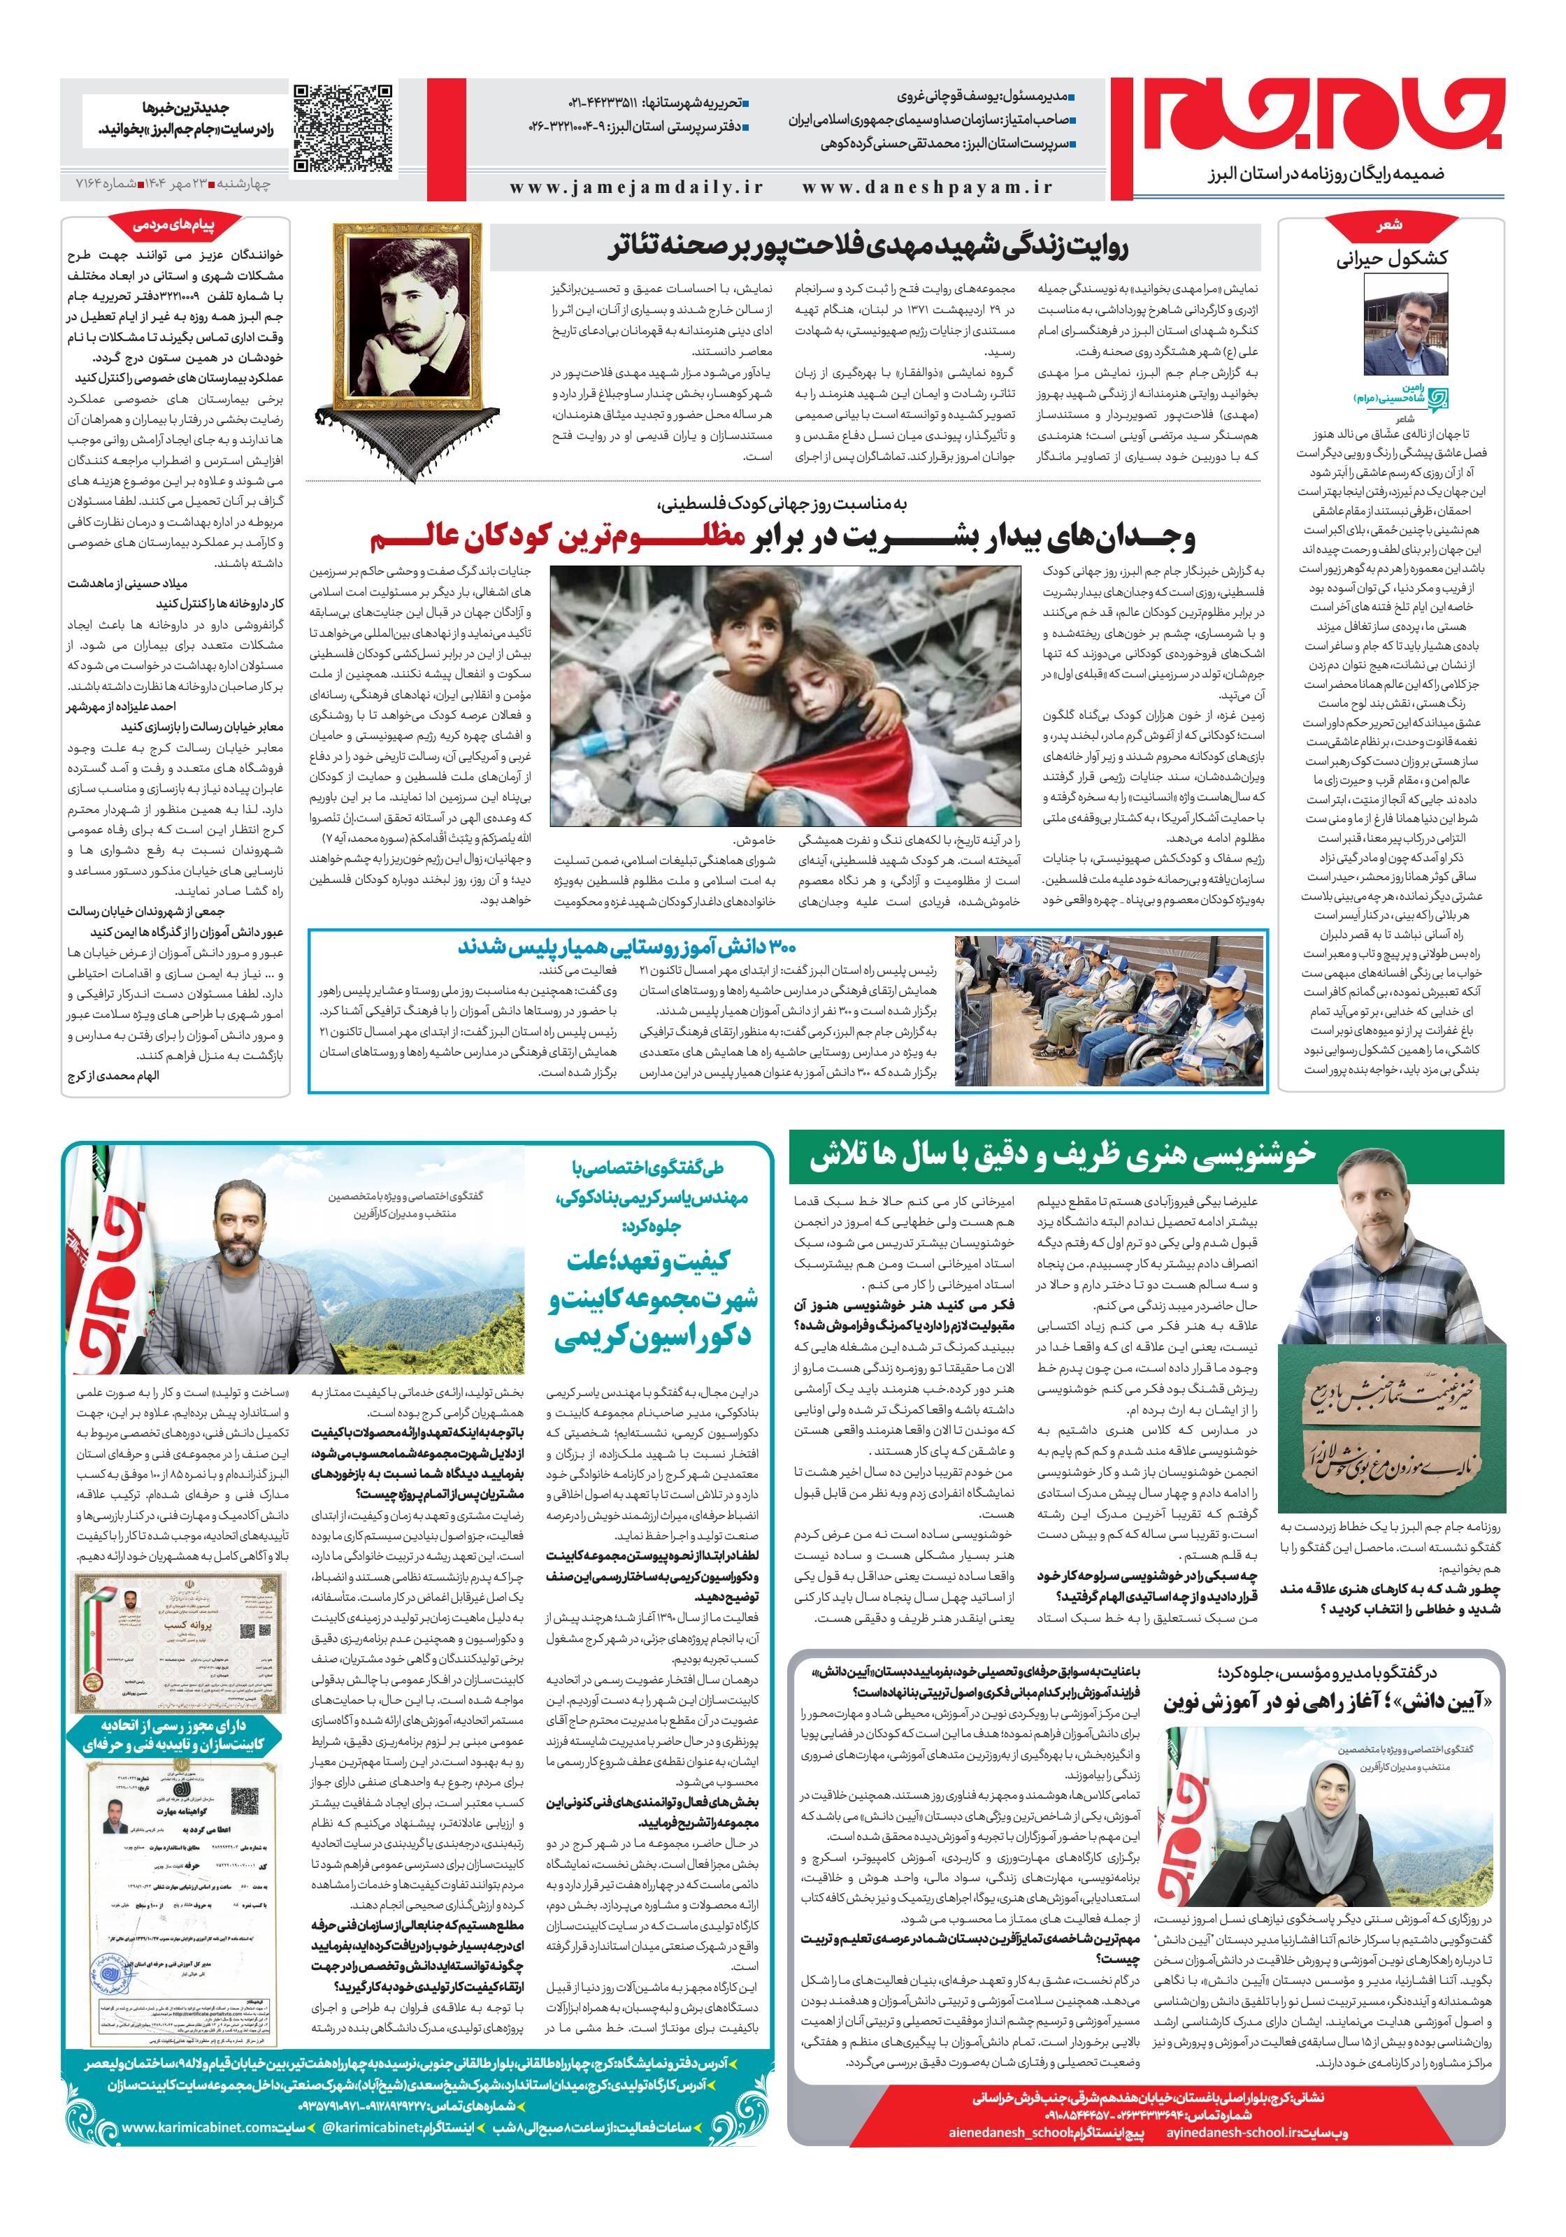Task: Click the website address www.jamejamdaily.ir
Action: [636, 188]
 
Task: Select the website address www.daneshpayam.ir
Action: [928, 188]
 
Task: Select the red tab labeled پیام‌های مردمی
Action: [176, 226]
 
